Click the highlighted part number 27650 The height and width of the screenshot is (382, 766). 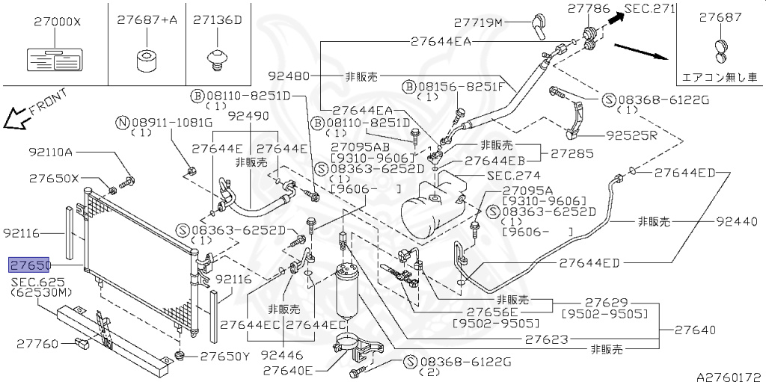(29, 265)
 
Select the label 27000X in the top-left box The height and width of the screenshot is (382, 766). (56, 22)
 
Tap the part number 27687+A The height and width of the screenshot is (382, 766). (147, 20)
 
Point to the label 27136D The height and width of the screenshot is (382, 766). (217, 20)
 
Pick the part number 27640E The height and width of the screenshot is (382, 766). (288, 369)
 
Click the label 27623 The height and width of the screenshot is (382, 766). (545, 339)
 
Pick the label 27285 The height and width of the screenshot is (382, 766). (572, 154)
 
